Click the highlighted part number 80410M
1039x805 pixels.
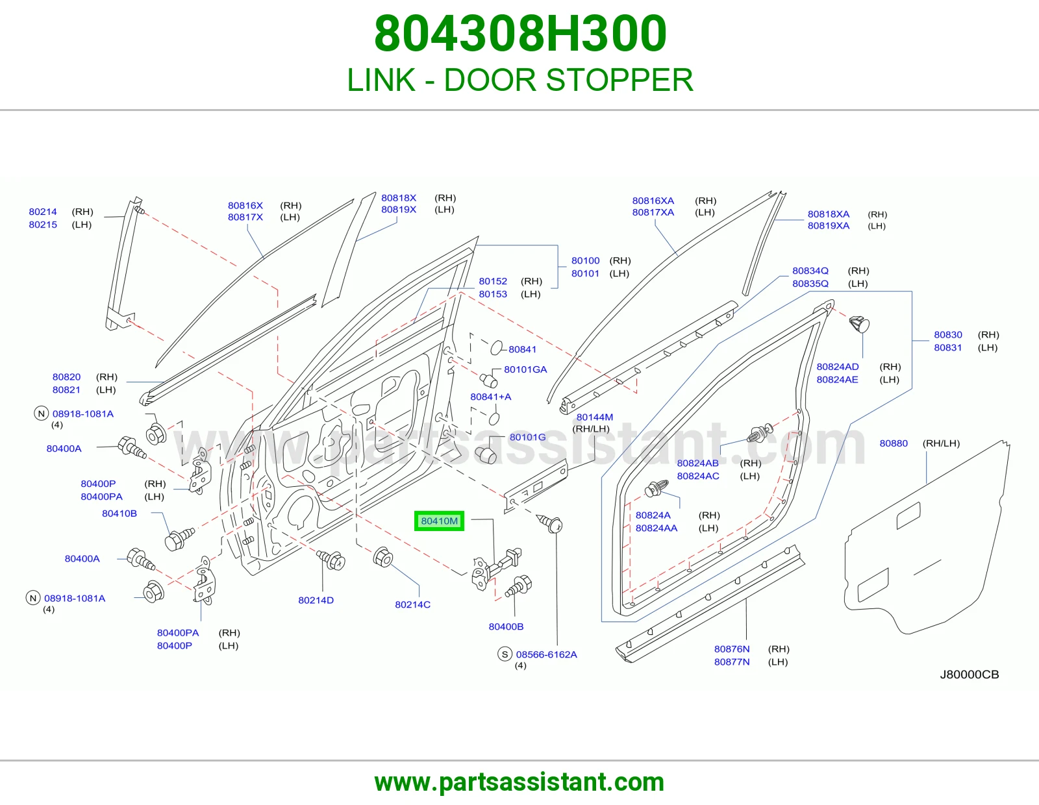[439, 521]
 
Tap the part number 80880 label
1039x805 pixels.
[893, 443]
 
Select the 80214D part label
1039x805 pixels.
[316, 600]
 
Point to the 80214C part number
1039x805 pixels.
[412, 604]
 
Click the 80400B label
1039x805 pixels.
[505, 626]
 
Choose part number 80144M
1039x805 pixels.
[594, 417]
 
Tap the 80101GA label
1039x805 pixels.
[525, 369]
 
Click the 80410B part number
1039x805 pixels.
[119, 513]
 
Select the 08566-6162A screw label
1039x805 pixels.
[546, 654]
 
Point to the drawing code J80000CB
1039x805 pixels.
[969, 675]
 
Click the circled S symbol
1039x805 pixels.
[505, 654]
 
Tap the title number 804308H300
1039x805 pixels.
[520, 34]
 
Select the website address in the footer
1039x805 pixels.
[519, 782]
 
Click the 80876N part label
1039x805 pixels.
[732, 649]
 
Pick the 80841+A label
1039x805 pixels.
[490, 396]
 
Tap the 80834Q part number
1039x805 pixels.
[810, 271]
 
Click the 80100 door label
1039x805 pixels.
[585, 260]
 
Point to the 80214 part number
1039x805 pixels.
[43, 211]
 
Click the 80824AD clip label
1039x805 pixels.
[837, 367]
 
